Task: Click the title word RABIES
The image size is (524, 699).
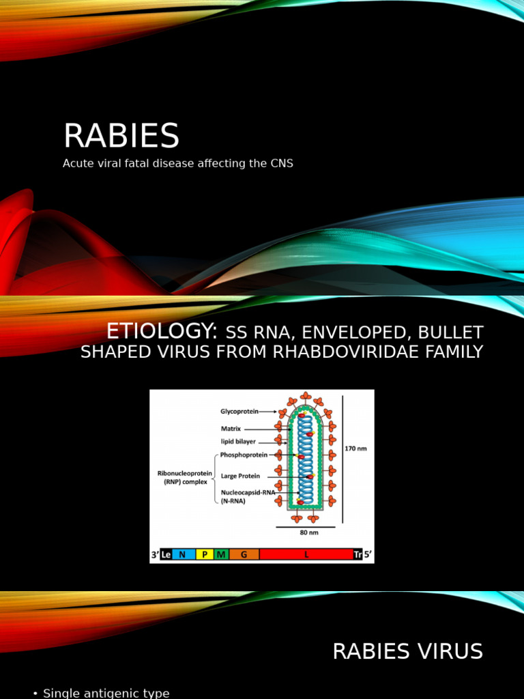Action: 121,136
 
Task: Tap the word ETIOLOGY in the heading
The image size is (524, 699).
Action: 161,332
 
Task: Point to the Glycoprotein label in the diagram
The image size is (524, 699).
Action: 239,412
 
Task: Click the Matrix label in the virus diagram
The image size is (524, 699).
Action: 231,429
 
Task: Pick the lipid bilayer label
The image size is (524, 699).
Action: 238,442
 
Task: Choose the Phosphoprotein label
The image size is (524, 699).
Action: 244,455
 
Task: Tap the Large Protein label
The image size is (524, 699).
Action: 240,476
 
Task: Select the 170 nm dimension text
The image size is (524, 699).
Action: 356,448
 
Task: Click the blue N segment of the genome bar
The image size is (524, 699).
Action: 182,554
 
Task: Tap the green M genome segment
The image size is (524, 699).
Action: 221,554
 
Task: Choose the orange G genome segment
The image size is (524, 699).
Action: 244,554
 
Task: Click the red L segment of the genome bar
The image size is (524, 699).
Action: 306,554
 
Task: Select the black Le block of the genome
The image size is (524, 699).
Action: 165,554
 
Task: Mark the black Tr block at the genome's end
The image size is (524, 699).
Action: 358,554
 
